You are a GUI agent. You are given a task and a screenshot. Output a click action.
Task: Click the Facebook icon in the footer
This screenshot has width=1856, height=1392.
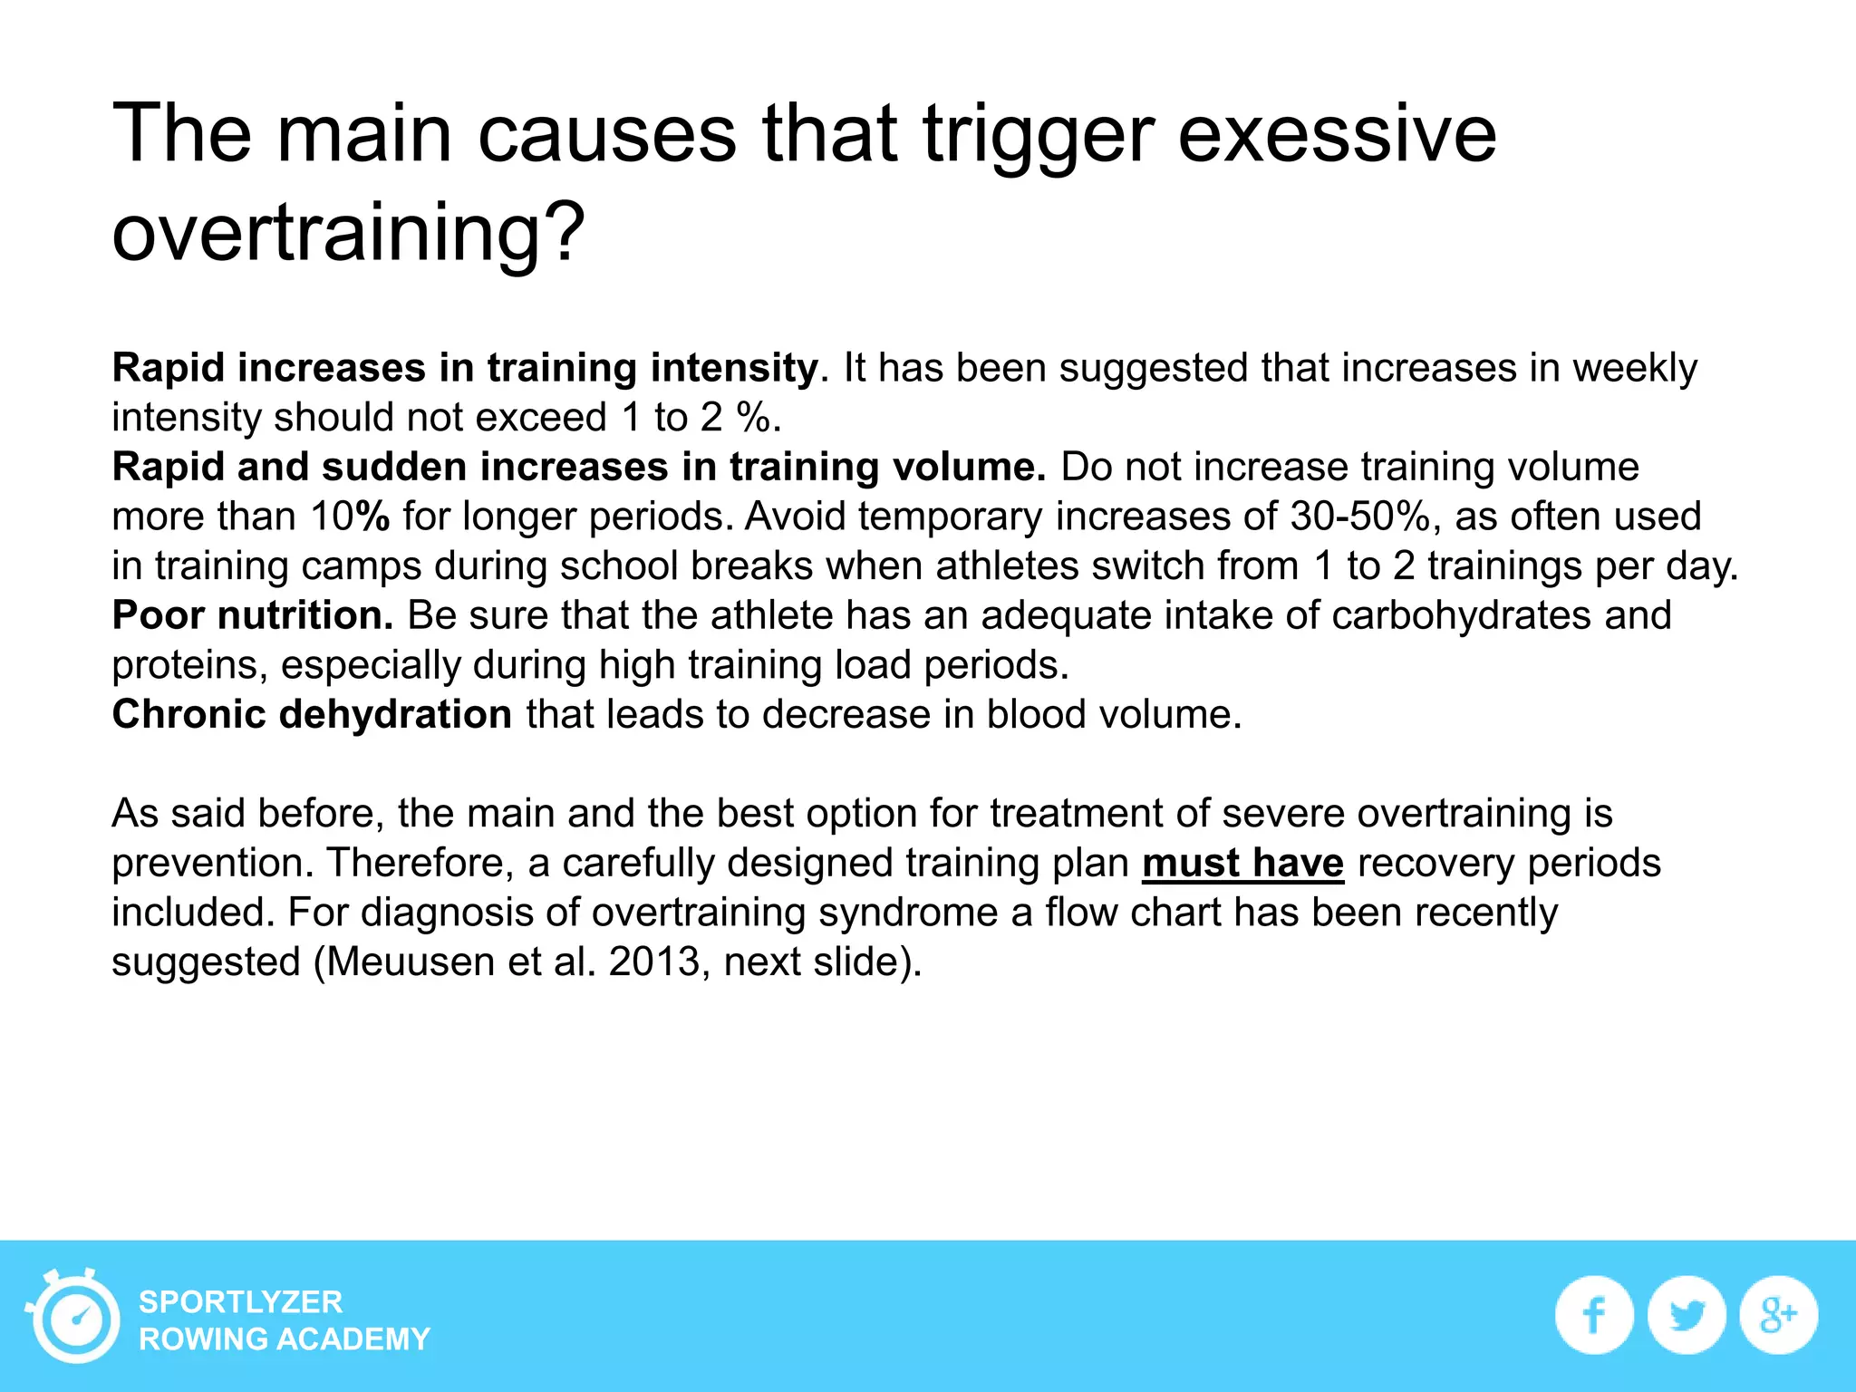point(1594,1315)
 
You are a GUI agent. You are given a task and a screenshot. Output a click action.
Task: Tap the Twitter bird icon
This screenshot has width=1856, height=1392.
point(1687,1315)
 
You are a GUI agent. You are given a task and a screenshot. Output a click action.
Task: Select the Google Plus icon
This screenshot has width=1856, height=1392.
point(1778,1315)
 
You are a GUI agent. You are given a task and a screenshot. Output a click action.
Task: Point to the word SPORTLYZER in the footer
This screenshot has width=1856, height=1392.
point(240,1301)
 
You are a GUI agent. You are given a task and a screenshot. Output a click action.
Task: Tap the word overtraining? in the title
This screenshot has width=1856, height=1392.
point(349,232)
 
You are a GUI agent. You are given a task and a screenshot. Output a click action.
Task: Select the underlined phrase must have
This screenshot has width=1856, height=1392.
point(1242,863)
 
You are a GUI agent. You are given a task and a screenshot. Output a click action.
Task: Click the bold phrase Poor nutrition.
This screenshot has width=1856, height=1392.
point(253,615)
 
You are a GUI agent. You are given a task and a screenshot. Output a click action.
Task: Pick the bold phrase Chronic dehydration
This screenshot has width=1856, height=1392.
point(312,714)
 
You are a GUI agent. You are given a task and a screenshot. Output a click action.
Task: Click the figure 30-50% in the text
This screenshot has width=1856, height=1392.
point(1359,517)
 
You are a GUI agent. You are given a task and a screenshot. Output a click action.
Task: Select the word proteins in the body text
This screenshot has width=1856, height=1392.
point(189,665)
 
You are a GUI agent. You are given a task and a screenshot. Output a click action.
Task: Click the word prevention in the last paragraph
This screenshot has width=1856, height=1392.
point(212,863)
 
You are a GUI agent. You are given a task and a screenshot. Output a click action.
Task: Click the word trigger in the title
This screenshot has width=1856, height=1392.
point(1039,134)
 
